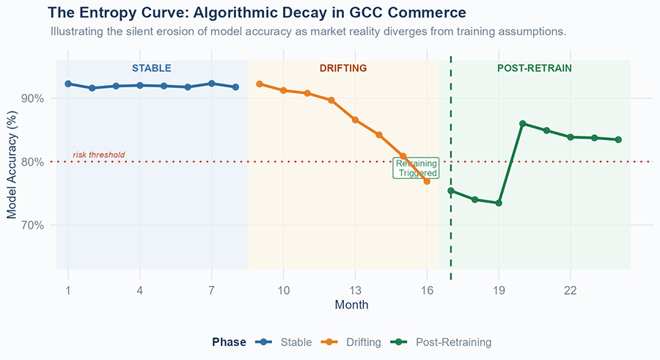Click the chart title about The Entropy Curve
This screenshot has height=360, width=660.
257,13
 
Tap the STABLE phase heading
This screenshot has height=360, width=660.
152,68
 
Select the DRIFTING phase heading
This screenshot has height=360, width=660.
343,68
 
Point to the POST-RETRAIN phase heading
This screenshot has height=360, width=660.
535,68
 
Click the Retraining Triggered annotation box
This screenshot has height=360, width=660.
416,169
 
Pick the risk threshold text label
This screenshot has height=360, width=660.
98,155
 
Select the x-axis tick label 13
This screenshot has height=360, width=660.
355,290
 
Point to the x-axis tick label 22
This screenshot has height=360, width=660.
571,290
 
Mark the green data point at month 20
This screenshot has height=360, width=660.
522,124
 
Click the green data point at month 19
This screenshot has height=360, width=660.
499,203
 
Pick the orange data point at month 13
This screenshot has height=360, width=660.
355,120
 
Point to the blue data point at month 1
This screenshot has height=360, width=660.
68,84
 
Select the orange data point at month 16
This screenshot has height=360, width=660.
427,181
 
